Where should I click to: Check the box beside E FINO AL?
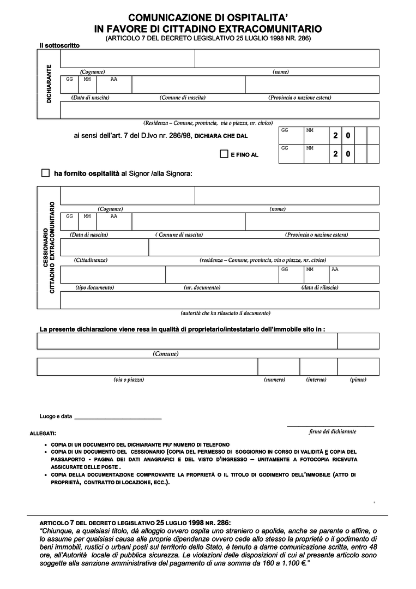pos(224,154)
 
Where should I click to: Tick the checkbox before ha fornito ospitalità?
pos(45,173)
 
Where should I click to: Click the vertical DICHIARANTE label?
pos(49,84)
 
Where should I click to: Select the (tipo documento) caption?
pos(95,287)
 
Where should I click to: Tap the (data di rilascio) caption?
pos(319,287)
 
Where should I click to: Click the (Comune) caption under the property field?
pos(166,354)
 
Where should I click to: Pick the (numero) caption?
pos(274,380)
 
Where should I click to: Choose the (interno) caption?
pos(316,380)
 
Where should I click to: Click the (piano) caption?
pos(358,380)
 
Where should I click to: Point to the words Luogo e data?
pos(56,417)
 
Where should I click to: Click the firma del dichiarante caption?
pos(332,431)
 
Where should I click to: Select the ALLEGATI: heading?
pos(43,434)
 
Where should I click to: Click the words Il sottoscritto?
pos(59,45)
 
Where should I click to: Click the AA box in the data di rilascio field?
pos(354,275)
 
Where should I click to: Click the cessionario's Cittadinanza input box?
pos(104,247)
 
